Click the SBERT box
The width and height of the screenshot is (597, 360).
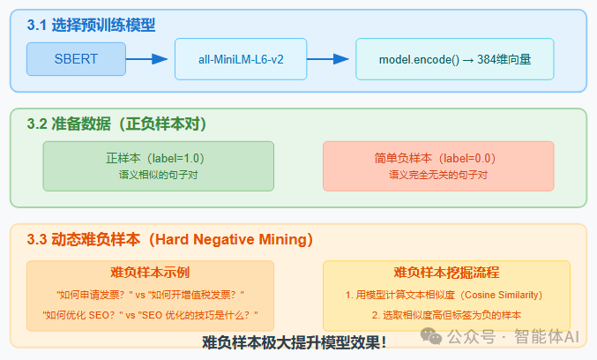tap(76, 59)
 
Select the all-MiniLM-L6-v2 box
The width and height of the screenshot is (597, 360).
tap(241, 59)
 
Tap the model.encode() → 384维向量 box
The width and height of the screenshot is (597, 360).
tap(454, 59)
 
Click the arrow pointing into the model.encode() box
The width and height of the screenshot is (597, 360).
tap(328, 59)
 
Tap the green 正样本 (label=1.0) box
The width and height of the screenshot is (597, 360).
tap(158, 166)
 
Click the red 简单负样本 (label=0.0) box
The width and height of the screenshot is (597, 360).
tap(438, 166)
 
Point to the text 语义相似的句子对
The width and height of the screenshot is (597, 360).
tap(158, 175)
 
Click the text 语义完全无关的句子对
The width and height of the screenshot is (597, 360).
tap(438, 175)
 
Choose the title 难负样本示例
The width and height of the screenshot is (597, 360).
tap(150, 273)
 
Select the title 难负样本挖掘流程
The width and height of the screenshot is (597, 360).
tap(445, 273)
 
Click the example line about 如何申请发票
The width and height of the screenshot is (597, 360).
tap(150, 294)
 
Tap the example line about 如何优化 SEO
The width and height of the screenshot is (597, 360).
tap(150, 315)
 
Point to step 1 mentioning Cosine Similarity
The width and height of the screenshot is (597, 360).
tap(445, 294)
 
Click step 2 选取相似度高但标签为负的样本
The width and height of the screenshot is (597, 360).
tap(445, 315)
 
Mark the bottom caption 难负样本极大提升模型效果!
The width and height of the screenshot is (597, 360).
tap(294, 342)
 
